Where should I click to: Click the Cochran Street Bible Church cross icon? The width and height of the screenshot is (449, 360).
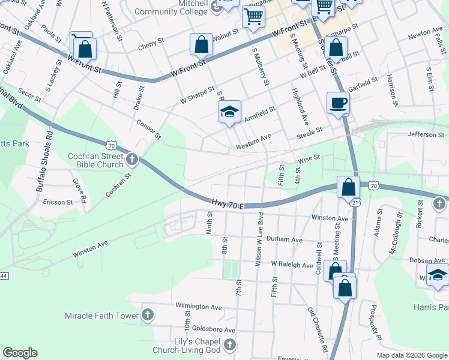(133, 160)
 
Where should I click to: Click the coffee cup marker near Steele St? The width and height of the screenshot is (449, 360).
(337, 103)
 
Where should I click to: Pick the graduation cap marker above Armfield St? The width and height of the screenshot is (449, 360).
(229, 112)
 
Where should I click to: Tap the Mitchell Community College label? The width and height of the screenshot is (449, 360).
(169, 7)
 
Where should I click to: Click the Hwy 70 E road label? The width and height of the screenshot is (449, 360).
(227, 205)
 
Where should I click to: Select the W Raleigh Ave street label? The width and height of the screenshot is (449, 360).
(292, 264)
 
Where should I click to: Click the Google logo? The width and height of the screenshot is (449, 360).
(20, 353)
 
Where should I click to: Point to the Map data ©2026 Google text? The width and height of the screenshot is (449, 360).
(412, 355)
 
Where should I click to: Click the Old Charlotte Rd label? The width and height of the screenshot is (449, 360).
(318, 329)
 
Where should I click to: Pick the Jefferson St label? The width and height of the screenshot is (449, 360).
(425, 135)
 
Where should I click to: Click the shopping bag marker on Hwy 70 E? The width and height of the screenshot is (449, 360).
(348, 188)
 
